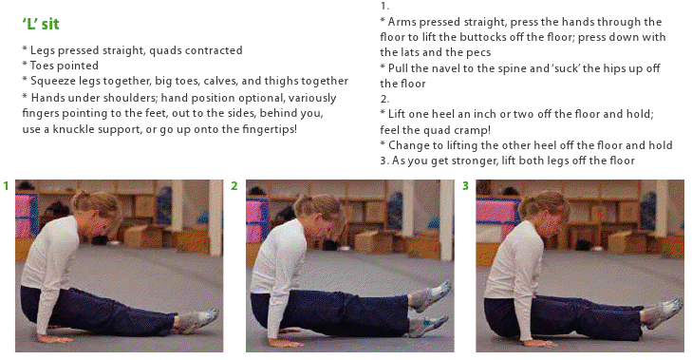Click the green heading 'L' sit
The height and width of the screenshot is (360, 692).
(x=41, y=24)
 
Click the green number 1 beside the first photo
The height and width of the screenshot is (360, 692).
(x=7, y=186)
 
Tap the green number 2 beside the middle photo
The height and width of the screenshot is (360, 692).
(x=234, y=186)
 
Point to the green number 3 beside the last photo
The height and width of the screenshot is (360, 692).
(x=465, y=186)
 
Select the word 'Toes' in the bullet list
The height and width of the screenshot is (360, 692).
(x=42, y=66)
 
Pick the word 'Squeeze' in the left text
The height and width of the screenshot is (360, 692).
(x=48, y=82)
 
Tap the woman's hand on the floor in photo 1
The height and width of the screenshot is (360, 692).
(x=55, y=339)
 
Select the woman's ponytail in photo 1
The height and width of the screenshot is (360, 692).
(x=82, y=201)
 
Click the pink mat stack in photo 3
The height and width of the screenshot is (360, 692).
(x=497, y=218)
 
